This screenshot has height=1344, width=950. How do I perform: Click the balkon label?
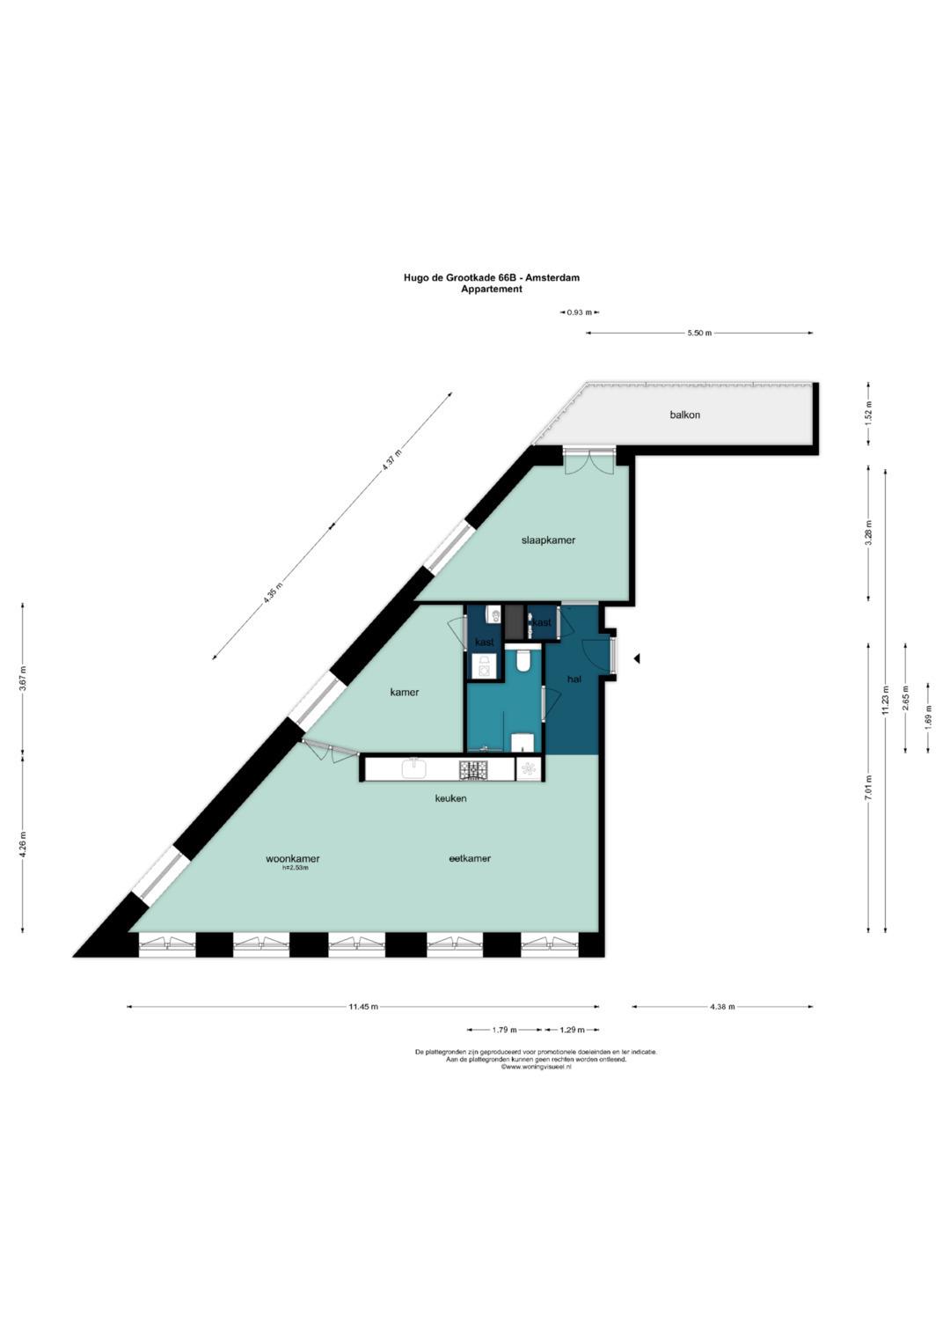point(685,415)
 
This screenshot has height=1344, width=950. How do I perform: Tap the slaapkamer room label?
point(548,540)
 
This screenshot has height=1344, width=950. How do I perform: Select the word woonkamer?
point(293,858)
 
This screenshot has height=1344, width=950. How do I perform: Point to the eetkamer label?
point(471,858)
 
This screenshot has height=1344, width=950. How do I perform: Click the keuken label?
point(451,798)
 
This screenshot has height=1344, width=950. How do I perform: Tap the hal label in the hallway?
point(574,679)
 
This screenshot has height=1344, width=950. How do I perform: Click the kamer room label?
point(405,693)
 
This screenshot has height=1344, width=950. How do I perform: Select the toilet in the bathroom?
point(523,660)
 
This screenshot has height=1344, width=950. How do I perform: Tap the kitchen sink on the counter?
point(413,768)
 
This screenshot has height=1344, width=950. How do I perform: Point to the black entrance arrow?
point(637,659)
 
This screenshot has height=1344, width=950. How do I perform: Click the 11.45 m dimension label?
point(362,1007)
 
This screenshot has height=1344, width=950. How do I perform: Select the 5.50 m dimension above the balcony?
point(699,333)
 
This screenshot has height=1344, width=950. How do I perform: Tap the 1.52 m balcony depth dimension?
point(869,414)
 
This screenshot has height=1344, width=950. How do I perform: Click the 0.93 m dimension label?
point(580,312)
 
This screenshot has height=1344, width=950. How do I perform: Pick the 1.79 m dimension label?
point(504,1030)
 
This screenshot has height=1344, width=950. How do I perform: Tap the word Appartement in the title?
point(491,289)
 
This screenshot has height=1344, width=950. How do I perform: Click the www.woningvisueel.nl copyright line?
point(537,1067)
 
